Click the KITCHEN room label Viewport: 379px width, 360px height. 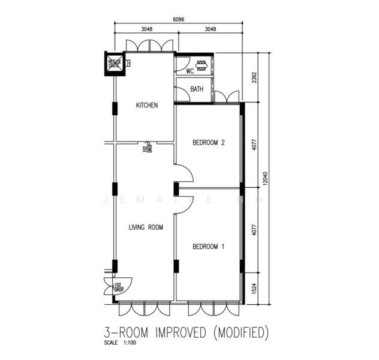pos(147,106)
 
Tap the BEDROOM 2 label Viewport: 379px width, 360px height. pos(208,143)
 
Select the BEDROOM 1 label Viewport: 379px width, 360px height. pos(208,247)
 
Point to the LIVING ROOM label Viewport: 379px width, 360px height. pos(146,228)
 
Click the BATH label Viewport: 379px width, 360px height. pos(197,89)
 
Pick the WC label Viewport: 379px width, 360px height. pos(189,71)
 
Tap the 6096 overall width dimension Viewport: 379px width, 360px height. pos(178,19)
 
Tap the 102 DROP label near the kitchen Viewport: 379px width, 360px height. pos(147,148)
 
